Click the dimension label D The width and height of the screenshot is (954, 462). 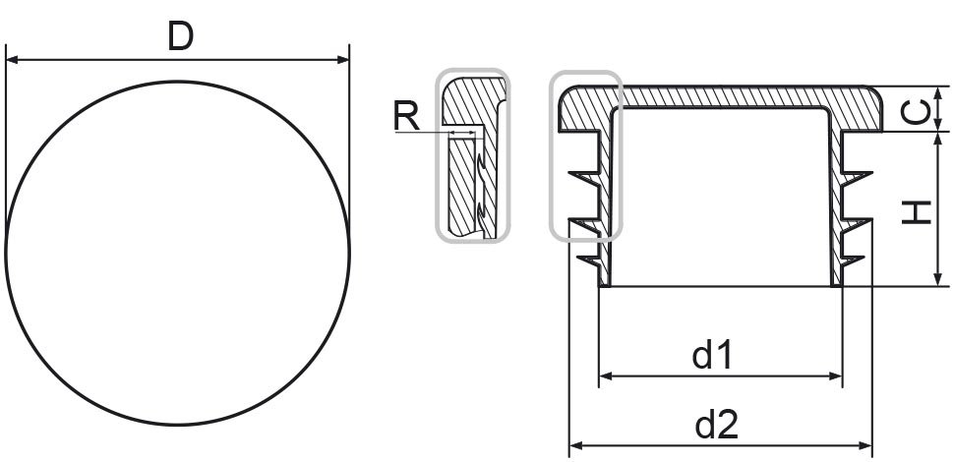tap(180, 35)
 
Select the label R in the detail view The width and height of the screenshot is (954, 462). tap(406, 116)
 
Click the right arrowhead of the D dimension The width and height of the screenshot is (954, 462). tap(343, 60)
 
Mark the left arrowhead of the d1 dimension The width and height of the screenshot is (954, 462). tap(606, 375)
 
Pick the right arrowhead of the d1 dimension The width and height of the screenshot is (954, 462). tap(837, 375)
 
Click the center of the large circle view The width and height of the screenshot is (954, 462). tap(178, 253)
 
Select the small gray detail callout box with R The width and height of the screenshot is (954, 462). tap(473, 154)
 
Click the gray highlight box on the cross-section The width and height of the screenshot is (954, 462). tap(585, 155)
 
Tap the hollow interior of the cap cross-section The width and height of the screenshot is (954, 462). tap(722, 197)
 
